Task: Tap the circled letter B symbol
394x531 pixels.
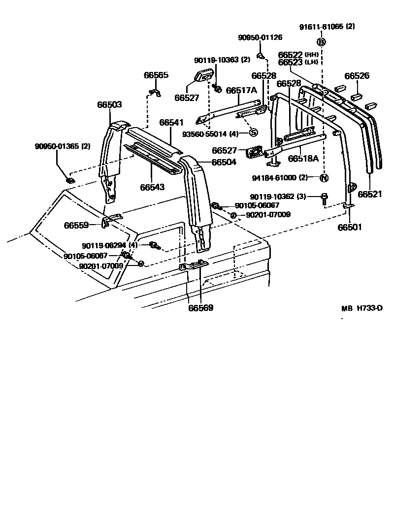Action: tap(321, 42)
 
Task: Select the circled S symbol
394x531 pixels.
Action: tap(253, 132)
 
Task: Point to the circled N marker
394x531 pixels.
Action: tap(324, 178)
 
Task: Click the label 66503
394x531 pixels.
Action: tap(109, 105)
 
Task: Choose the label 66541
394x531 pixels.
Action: tap(172, 122)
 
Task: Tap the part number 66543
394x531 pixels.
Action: tap(152, 187)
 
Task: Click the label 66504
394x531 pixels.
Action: tap(224, 162)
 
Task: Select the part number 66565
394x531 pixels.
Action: tap(156, 75)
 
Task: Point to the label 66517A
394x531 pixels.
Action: tap(242, 90)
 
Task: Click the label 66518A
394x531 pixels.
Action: tap(304, 159)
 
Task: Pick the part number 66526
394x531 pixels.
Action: tap(357, 76)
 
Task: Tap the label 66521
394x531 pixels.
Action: tap(370, 194)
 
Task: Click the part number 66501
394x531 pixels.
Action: tap(350, 227)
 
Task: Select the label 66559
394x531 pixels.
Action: tap(76, 225)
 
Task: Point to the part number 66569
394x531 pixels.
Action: tap(201, 308)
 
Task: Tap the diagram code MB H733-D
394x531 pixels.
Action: tap(362, 308)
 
